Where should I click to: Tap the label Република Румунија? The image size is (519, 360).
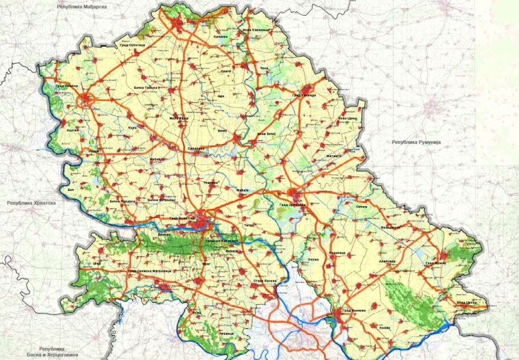pos(416,141)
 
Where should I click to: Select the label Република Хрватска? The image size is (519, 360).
pos(31,204)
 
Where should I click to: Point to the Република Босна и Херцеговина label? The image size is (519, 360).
pos(58,352)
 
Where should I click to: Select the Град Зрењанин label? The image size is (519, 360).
pos(293,205)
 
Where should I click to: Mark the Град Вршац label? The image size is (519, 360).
pos(435,263)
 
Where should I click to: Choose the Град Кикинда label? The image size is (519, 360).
pos(304,94)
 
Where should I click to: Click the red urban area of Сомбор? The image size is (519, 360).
pos(87,99)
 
